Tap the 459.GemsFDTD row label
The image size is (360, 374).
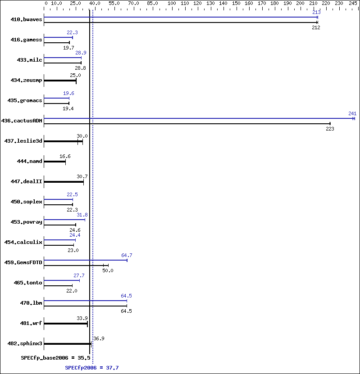coord(23,262)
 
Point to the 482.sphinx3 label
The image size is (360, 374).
coord(25,343)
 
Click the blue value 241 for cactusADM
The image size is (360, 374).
coord(352,113)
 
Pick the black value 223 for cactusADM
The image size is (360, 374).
coord(330,129)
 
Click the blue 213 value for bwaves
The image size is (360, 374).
coord(316,12)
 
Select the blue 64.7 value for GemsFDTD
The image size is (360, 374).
coord(127,255)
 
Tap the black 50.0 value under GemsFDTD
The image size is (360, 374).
coord(108,270)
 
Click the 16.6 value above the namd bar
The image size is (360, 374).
coord(65,156)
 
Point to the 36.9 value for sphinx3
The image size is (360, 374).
coord(99,338)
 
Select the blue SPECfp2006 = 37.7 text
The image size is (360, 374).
coord(92,368)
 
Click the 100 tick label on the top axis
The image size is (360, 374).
coord(172,3)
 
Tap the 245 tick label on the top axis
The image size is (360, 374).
coord(352,3)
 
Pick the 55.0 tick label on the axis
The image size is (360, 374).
coord(114,3)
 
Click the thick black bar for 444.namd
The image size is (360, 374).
coord(55,162)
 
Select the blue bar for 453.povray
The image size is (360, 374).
coord(64,219)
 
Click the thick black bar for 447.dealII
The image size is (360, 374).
coord(64,182)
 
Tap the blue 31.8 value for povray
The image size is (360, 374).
coord(82,215)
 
